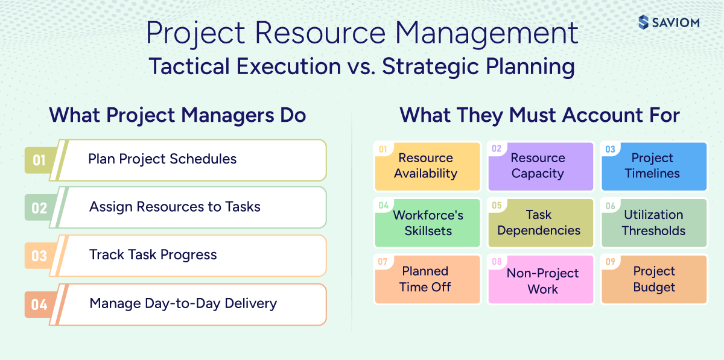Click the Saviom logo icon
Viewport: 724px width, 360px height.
[643, 23]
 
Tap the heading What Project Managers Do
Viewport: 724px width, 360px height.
[177, 115]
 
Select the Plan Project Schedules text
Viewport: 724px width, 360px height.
[162, 159]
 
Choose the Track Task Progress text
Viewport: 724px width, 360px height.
[153, 254]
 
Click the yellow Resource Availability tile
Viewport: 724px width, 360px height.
[426, 166]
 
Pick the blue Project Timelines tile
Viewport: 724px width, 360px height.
[652, 166]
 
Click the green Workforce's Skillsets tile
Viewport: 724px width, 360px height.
[427, 223]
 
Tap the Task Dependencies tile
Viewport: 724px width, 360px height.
[539, 223]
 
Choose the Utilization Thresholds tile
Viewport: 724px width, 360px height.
[653, 223]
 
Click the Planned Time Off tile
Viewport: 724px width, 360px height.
[425, 279]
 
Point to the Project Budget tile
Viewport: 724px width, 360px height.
[654, 279]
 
